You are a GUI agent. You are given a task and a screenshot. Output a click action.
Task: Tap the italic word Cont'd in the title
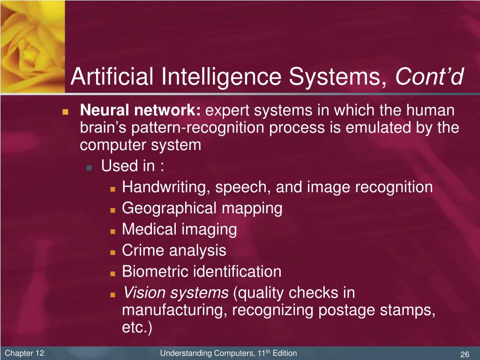pyautogui.click(x=430, y=77)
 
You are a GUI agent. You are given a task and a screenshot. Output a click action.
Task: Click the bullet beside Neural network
pyautogui.click(x=66, y=112)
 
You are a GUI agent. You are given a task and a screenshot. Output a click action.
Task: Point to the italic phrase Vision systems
pyautogui.click(x=175, y=293)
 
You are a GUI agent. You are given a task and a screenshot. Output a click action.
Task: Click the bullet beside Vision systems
pyautogui.click(x=113, y=295)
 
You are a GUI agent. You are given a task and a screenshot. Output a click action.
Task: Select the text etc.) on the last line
pyautogui.click(x=137, y=328)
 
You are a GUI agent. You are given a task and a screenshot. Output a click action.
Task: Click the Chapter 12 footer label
pyautogui.click(x=24, y=353)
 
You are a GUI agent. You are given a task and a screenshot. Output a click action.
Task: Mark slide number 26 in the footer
pyautogui.click(x=465, y=354)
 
